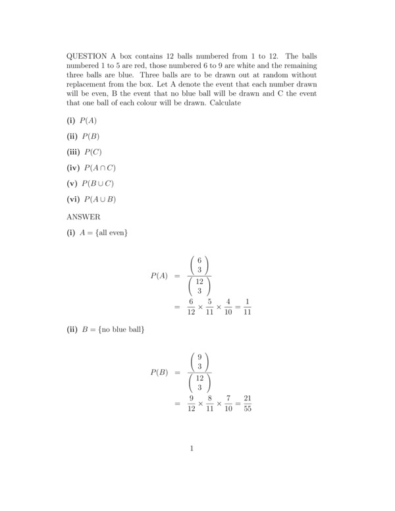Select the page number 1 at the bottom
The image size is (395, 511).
[x=192, y=448]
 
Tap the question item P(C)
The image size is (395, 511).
[x=93, y=152]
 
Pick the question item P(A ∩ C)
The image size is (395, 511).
[x=100, y=168]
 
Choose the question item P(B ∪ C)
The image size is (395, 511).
[x=99, y=184]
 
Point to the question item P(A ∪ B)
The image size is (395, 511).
[x=100, y=200]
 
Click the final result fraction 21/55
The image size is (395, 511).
[x=248, y=403]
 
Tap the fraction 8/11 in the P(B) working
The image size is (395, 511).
[x=210, y=403]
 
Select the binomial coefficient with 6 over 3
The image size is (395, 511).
[x=199, y=265]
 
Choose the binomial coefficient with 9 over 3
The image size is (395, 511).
[x=199, y=362]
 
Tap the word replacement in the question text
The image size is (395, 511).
[x=90, y=85]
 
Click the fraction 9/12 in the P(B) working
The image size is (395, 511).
[x=191, y=403]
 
